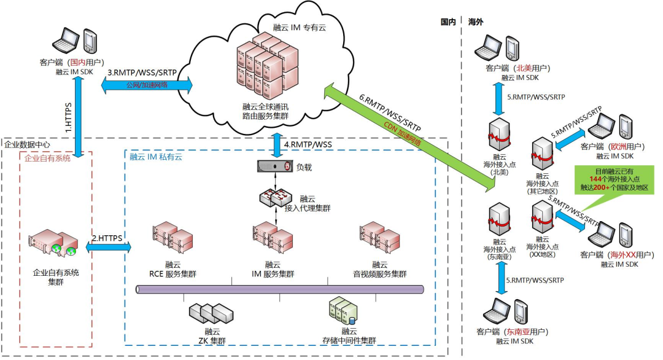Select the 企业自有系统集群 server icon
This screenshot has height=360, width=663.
55,243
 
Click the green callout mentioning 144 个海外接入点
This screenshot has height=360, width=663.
604,178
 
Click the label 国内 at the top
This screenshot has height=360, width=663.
448,22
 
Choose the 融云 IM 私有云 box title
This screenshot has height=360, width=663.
156,157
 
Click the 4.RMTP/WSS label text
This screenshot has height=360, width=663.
308,145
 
